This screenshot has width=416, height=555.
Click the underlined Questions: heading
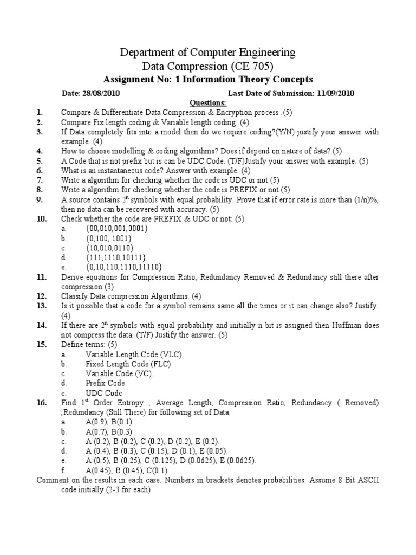(x=208, y=103)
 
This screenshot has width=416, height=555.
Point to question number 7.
(x=40, y=180)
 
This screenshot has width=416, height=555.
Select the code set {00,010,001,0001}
(x=116, y=229)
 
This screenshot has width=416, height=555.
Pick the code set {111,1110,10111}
(x=115, y=257)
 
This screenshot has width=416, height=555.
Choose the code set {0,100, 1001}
(x=108, y=238)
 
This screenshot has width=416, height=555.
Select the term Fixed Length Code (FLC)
(x=128, y=364)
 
